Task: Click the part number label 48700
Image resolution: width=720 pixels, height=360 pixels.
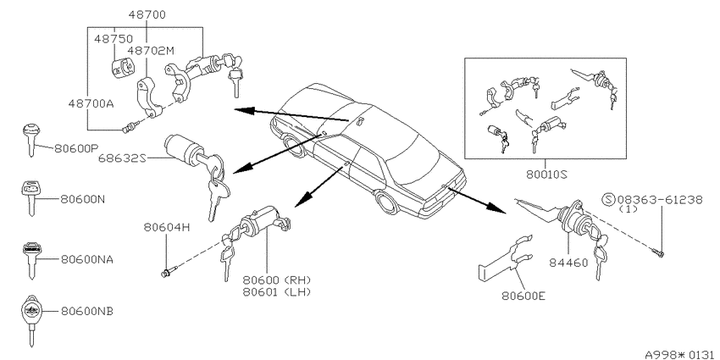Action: coord(147,14)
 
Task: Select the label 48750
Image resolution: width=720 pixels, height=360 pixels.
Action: coord(114,39)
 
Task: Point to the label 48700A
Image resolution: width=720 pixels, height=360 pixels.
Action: coord(91,103)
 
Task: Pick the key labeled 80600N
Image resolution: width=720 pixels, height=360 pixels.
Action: coord(30,197)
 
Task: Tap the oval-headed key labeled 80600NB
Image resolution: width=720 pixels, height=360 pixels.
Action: coord(31,320)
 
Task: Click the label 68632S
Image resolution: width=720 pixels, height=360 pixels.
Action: coord(122,158)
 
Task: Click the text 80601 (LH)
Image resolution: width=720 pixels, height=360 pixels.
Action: coord(277,292)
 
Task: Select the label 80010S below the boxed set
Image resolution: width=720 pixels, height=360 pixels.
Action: coord(546,174)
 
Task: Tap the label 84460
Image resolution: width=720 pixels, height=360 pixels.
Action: coord(568,263)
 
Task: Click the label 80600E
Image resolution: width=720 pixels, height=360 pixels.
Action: coord(523,296)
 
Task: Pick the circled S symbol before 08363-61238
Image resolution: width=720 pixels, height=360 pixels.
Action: coord(608,200)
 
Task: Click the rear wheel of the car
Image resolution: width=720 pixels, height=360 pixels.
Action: coord(386,202)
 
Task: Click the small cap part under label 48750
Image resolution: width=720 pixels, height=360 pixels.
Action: coord(123,68)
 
